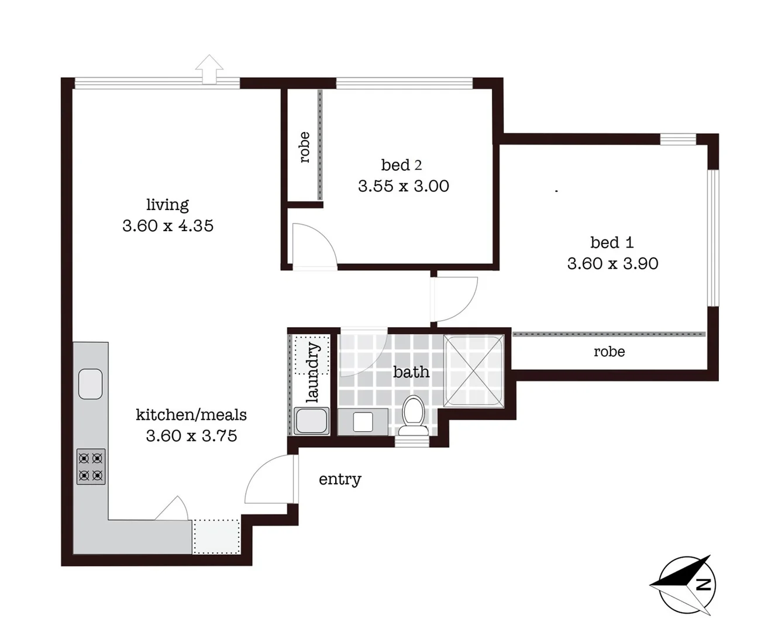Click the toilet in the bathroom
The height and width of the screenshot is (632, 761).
coord(414,415)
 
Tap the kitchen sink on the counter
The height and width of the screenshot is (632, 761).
coord(90,384)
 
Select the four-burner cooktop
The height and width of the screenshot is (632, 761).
coord(91,466)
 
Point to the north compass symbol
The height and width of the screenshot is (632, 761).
coord(684,585)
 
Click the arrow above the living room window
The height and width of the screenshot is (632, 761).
coord(209,69)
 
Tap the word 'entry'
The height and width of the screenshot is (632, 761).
coord(339,479)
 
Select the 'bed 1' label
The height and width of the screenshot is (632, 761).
coord(611,242)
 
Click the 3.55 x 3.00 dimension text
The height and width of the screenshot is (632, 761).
coord(404,186)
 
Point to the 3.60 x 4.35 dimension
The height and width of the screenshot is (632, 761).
coord(168,225)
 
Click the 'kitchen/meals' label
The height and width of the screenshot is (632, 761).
coord(191,415)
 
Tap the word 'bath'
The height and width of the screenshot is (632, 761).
coord(411,372)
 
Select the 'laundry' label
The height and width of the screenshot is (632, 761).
coord(312,373)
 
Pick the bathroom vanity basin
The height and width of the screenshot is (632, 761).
coord(363,421)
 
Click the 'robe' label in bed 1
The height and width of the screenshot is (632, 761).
coord(609,352)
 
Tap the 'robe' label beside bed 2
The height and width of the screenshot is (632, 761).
coord(304,147)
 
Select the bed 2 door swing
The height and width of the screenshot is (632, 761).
coord(315,245)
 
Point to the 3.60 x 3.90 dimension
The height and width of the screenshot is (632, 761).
coord(612,263)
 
